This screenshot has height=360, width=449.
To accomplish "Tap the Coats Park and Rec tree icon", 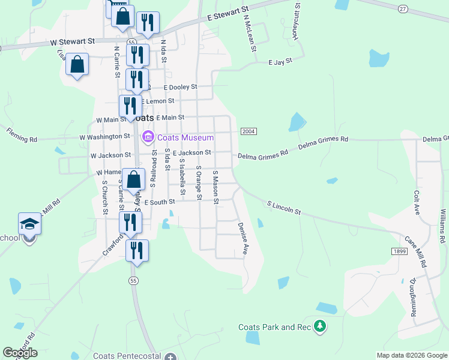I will pyautogui.click(x=321, y=326).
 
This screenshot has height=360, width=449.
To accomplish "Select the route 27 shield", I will pyautogui.click(x=402, y=8).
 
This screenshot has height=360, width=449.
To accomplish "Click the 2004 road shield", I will pyautogui.click(x=249, y=131).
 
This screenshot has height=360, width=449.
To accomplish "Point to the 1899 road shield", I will pyautogui.click(x=397, y=251).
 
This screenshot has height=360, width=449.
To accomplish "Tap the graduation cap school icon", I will pyautogui.click(x=29, y=224).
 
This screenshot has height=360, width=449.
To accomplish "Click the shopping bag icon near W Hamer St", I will pyautogui.click(x=135, y=179).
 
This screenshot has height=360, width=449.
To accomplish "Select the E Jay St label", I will pyautogui.click(x=280, y=61).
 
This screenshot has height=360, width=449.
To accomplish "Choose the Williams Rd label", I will pyautogui.click(x=442, y=226).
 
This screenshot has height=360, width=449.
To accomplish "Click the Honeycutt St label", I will pyautogui.click(x=295, y=26).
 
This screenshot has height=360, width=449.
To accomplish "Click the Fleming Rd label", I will pyautogui.click(x=22, y=135).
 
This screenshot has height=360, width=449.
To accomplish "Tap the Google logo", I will pyautogui.click(x=20, y=353).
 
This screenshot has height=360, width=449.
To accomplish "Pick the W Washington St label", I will pyautogui.click(x=105, y=137).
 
